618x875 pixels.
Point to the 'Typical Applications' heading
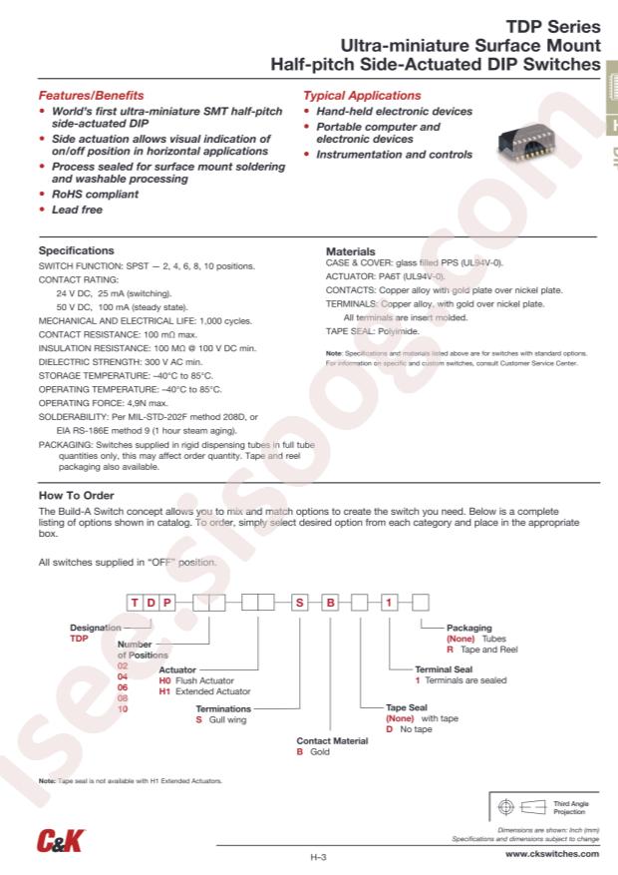[362, 96]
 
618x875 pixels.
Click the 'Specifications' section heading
[76, 250]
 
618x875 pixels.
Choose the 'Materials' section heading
[351, 251]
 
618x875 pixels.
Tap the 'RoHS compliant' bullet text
[95, 195]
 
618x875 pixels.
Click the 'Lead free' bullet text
[77, 211]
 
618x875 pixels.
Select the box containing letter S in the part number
[300, 602]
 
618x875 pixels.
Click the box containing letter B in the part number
[328, 602]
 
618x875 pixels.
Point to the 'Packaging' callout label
[468, 628]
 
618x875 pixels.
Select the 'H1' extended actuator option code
[165, 690]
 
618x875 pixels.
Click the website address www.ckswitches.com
[552, 854]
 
